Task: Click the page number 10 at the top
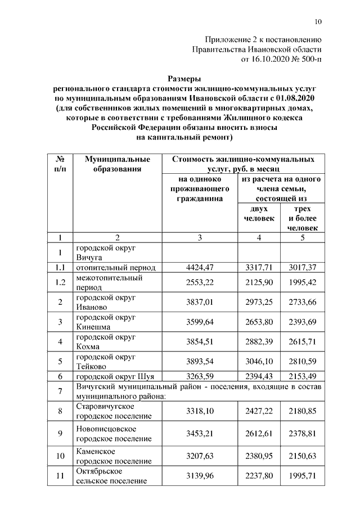pyautogui.click(x=318, y=22)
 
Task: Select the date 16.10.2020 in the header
pyautogui.click(x=263, y=58)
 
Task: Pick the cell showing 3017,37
pyautogui.click(x=302, y=268)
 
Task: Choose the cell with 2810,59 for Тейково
pyautogui.click(x=302, y=361)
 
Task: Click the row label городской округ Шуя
pyautogui.click(x=115, y=376)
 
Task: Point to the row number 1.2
pyautogui.click(x=61, y=282)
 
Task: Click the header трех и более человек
pyautogui.click(x=302, y=218)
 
